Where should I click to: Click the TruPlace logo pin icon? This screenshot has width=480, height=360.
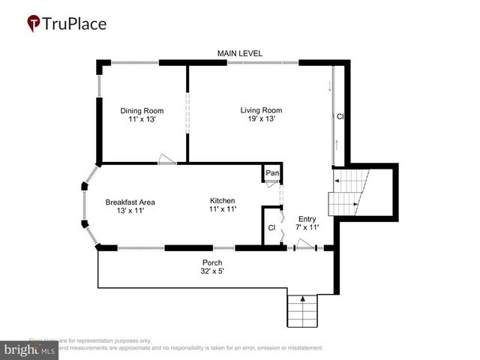coord(34,24)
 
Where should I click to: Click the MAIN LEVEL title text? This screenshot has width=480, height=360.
coord(240,53)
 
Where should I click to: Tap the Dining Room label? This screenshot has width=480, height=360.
coord(142,111)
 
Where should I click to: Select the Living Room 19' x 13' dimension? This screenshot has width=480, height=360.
coord(261,119)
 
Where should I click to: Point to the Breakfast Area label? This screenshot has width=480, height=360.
coord(130,202)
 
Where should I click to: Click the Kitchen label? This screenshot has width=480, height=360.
coord(223,201)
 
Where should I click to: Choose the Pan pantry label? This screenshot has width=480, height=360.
coord(272,173)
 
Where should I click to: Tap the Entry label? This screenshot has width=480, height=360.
coord(307,219)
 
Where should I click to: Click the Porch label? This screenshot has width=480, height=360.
coord(212,262)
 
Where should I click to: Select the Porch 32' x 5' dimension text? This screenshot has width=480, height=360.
coord(212,271)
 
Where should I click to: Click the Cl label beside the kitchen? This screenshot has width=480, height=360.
coord(271,228)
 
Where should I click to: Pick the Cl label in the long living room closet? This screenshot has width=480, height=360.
coord(340,117)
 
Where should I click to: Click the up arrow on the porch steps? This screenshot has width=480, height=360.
coord(303,298)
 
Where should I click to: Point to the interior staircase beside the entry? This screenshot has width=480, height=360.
coord(350,193)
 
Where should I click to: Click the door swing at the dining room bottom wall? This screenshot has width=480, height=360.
coord(166,159)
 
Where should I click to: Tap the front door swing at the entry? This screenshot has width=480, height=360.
coord(305,243)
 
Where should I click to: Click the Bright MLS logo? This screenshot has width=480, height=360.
coord(31,349)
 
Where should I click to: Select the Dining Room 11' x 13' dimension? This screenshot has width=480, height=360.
coord(142,120)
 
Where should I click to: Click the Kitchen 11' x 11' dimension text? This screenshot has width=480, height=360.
coord(223,210)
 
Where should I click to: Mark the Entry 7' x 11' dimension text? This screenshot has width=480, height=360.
coord(307,228)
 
